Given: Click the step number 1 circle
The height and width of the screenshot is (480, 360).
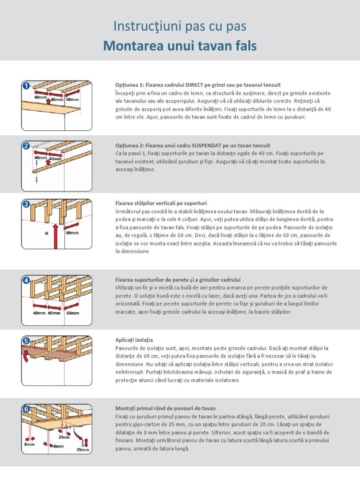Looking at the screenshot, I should click(x=27, y=86).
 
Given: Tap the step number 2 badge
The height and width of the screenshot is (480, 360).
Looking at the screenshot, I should click(x=27, y=146).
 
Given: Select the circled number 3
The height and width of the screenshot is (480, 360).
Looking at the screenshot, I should click(x=27, y=204).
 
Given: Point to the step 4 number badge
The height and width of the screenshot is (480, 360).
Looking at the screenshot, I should click(x=27, y=280).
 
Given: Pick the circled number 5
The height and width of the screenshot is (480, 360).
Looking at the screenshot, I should click(x=27, y=341).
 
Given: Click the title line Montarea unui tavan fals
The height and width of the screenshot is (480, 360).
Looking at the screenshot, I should click(x=180, y=46).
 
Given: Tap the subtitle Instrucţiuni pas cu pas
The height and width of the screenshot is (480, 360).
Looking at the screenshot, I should click(x=180, y=26).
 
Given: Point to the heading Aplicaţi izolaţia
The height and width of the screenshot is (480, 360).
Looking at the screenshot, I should click(x=134, y=339).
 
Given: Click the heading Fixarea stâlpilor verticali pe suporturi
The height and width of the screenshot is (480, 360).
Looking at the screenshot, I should click(x=161, y=203).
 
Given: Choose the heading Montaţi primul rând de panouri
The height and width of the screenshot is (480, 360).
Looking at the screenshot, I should click(x=165, y=408).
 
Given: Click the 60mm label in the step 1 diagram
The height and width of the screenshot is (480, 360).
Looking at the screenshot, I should click(x=72, y=100).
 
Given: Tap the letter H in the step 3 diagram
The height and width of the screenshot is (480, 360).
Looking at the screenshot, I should click(x=46, y=233).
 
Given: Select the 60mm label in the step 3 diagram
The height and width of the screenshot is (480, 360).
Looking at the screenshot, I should click(x=72, y=232).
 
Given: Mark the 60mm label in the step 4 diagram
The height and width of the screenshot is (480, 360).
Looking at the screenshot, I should click(x=72, y=313).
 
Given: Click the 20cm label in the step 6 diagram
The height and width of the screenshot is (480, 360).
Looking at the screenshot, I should click(x=64, y=437).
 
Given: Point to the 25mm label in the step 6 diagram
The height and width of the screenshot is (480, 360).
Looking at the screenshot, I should click(x=82, y=450).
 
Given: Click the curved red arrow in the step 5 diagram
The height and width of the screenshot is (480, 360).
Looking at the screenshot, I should click(x=27, y=355).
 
